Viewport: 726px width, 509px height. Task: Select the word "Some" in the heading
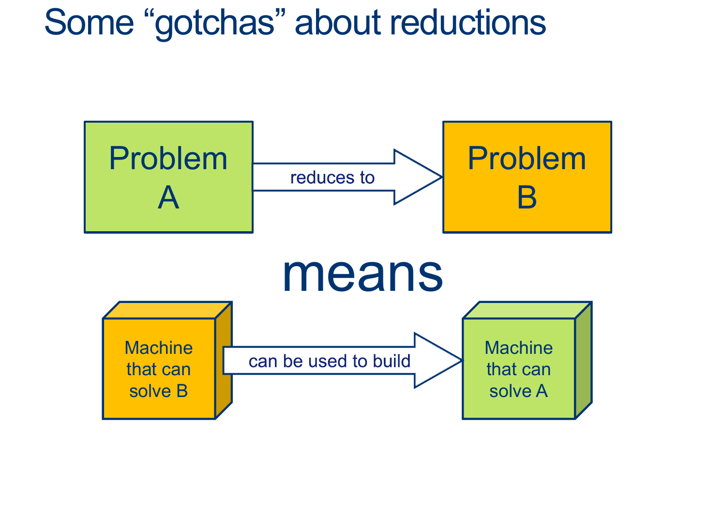click(x=89, y=23)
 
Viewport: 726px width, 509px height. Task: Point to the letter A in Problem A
click(x=168, y=198)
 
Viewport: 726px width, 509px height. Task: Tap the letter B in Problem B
click(x=527, y=198)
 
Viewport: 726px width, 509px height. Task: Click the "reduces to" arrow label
click(x=333, y=178)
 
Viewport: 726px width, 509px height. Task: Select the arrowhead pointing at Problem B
click(x=416, y=177)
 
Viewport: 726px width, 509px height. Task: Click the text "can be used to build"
click(x=329, y=361)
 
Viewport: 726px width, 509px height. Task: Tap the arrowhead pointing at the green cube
click(x=436, y=361)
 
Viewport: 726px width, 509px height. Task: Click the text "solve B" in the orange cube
click(x=159, y=391)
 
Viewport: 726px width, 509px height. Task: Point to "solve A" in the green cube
click(x=518, y=391)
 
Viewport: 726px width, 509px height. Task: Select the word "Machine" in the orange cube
click(x=159, y=348)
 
